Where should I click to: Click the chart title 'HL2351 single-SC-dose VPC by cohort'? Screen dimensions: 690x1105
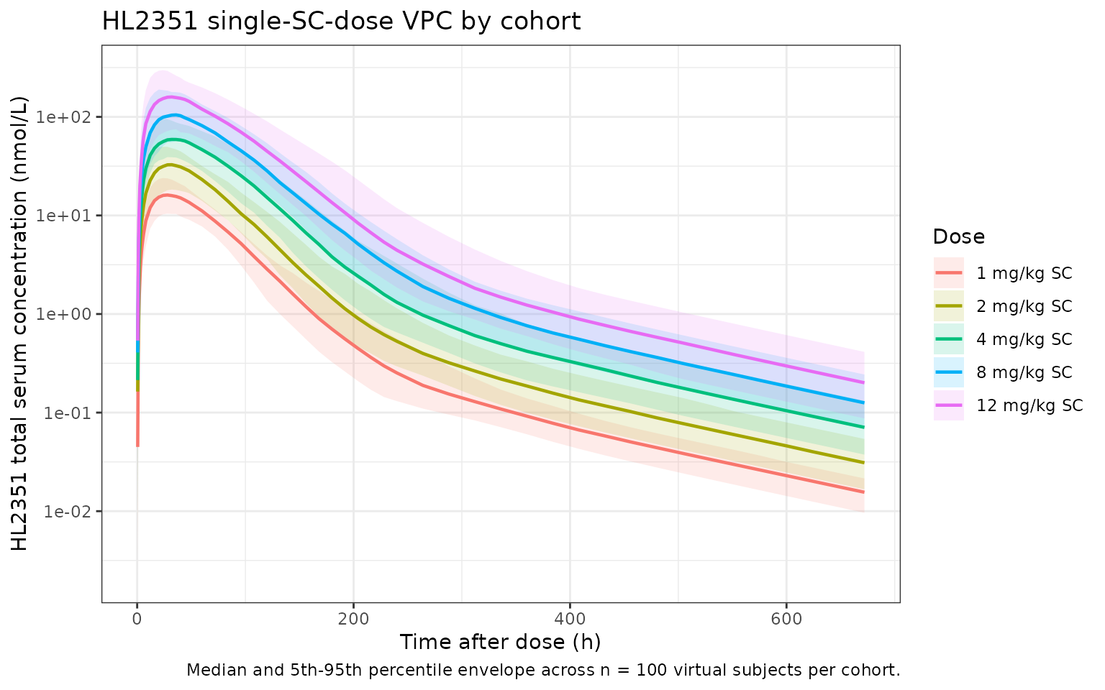341,22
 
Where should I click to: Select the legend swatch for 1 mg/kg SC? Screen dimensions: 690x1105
948,273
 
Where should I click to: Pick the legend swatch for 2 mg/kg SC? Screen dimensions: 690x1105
948,306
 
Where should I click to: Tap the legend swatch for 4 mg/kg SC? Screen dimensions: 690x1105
948,339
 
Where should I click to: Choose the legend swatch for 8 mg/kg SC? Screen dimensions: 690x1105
948,372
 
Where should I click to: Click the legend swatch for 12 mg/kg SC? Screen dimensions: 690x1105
948,405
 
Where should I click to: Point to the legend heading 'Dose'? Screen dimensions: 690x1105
958,236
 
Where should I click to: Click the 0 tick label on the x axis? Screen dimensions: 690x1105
137,617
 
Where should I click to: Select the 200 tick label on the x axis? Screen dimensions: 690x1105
353,617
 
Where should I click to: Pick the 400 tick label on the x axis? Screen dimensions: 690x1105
570,617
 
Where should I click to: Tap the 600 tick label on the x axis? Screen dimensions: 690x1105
786,617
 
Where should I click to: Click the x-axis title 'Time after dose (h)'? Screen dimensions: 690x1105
500,642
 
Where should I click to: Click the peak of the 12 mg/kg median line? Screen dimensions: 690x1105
170,96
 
